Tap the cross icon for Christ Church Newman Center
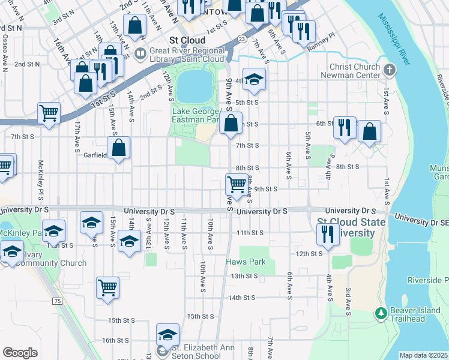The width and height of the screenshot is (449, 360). [390, 70]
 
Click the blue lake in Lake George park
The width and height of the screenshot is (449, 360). [196, 85]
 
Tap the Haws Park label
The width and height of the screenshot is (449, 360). [246, 262]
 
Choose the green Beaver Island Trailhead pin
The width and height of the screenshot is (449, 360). [380, 313]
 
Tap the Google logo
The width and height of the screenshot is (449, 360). [20, 353]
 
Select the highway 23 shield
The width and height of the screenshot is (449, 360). [241, 39]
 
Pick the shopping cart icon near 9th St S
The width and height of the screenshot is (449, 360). [237, 184]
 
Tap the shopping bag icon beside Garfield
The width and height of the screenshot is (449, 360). [119, 148]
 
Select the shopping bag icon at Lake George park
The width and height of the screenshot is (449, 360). [231, 124]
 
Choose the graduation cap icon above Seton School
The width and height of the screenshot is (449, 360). [167, 334]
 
